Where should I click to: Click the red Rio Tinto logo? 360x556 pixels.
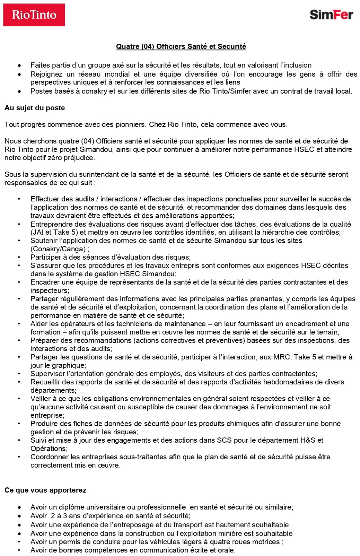pos(34,15)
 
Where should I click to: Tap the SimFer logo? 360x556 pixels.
pos(331,15)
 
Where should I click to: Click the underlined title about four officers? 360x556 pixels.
pos(181,46)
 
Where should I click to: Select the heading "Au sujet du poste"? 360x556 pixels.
pos(35,108)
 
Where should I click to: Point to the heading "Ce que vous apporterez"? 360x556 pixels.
pos(45,490)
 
